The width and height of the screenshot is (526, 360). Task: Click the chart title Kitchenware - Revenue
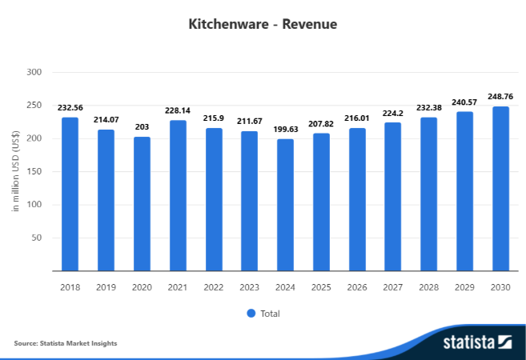pos(263,24)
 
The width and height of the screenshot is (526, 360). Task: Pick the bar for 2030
pos(500,189)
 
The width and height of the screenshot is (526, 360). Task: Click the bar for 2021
pos(177,196)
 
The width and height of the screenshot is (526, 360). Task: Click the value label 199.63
pos(286,129)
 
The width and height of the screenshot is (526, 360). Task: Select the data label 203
pos(142,127)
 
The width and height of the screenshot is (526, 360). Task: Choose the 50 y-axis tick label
pos(35,238)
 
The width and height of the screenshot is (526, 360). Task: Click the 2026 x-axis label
pos(357,286)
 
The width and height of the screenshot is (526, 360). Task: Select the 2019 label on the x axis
pos(106,286)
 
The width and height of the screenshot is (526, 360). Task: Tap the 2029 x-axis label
pos(464,286)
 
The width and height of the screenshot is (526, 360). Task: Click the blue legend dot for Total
pos(250,313)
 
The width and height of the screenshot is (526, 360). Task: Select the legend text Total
pos(270,314)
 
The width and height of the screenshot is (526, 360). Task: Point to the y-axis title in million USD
pos(15,171)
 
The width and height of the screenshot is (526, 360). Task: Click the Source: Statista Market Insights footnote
pos(66,343)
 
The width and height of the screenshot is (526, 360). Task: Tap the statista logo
pos(476,342)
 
